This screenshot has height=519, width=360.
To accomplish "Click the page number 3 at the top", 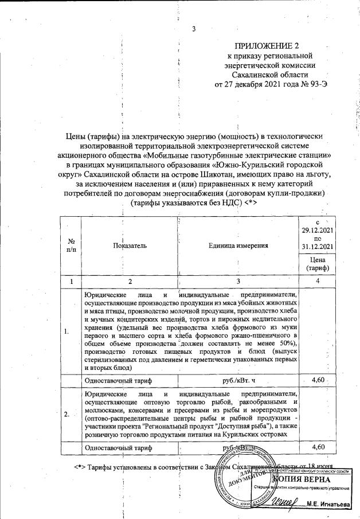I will click(194, 30).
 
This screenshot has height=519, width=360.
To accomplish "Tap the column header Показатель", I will click(130, 245).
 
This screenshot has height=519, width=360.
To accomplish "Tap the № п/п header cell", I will click(72, 245).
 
